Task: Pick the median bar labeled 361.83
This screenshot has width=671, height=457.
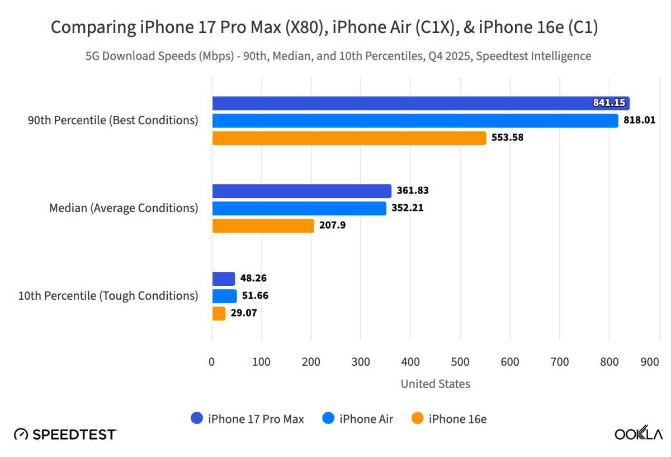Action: click(301, 191)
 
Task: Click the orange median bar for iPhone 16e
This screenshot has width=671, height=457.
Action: click(263, 226)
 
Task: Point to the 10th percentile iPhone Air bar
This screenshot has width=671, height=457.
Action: click(224, 296)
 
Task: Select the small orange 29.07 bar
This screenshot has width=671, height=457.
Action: click(219, 313)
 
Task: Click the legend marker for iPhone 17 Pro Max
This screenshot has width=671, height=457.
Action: click(196, 418)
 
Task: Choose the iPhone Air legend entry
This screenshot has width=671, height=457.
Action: click(358, 418)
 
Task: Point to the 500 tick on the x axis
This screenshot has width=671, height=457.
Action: click(460, 362)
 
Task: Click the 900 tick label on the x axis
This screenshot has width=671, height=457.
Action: click(650, 362)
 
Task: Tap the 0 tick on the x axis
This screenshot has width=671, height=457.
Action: click(212, 362)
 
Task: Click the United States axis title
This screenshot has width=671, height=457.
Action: click(435, 384)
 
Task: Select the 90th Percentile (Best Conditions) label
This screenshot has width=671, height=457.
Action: click(113, 120)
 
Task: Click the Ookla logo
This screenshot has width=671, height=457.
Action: click(639, 434)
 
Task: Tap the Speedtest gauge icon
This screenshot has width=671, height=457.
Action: click(21, 434)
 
